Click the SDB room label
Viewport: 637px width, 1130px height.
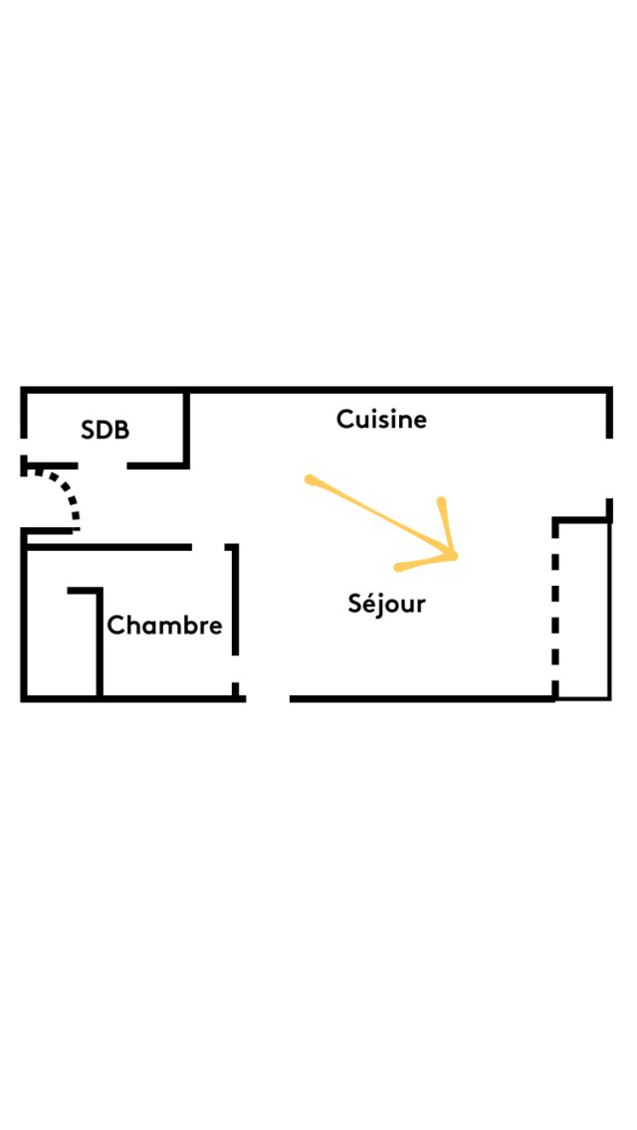pos(105,430)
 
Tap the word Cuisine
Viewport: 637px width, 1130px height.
pos(381,420)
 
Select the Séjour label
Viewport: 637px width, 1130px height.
pos(386,603)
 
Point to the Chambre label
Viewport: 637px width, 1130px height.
pos(164,626)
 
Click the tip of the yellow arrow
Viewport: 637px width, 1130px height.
pos(455,556)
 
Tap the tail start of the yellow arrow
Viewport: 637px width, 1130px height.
pos(310,480)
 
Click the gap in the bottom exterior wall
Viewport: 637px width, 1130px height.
pos(267,698)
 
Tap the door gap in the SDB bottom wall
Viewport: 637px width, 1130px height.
pos(103,465)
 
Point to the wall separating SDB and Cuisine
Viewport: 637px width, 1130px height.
pos(186,428)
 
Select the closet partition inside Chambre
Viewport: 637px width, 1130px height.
pos(99,642)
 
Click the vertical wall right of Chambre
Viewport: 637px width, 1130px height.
pos(235,600)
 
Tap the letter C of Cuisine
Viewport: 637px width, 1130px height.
pos(344,420)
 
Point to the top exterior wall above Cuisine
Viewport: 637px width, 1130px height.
pos(398,390)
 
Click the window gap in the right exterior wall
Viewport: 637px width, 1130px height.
pos(609,468)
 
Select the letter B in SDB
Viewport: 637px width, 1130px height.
pos(120,430)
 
